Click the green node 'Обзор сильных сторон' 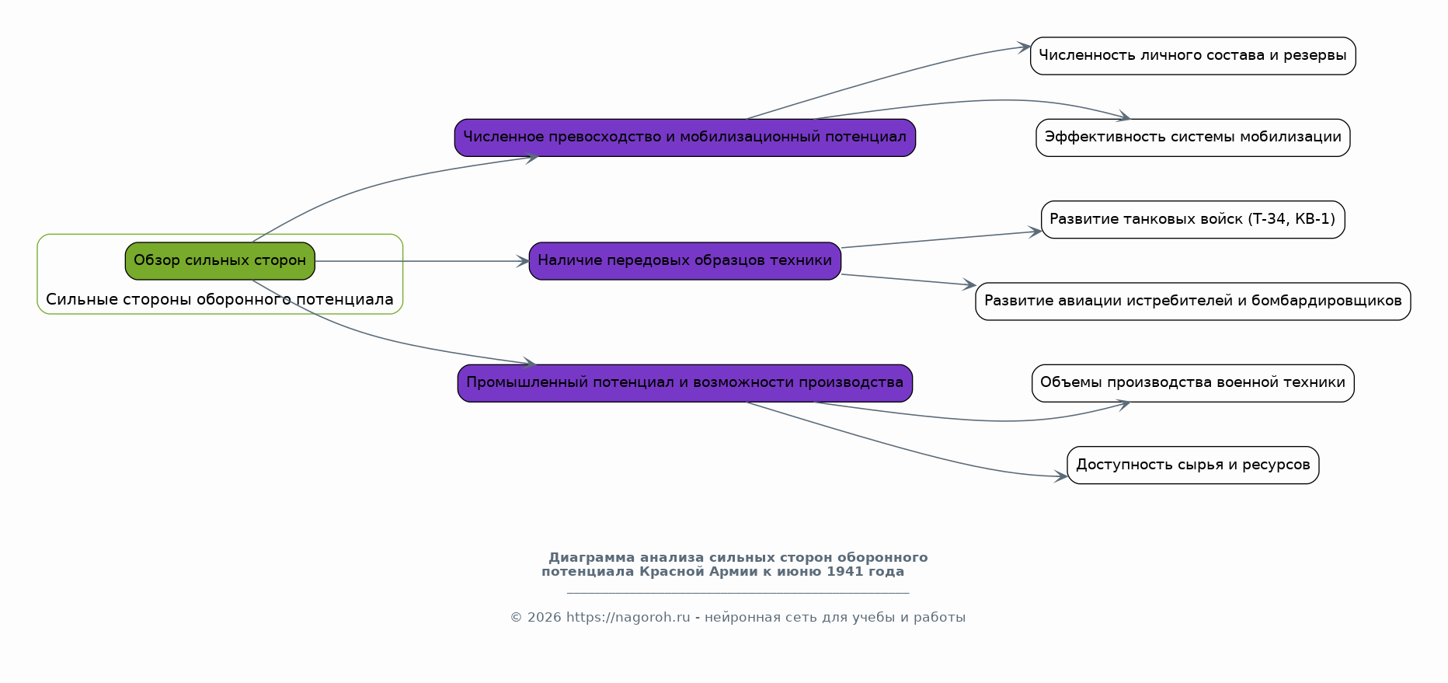click(x=220, y=261)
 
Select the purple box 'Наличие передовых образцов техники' click(x=684, y=261)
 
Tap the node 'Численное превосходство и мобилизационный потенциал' click(x=684, y=138)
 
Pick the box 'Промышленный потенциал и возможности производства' click(x=684, y=383)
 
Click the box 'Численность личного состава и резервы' click(x=1192, y=56)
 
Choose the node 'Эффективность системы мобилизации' click(x=1192, y=138)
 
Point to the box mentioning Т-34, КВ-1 click(x=1192, y=220)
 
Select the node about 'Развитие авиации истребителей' click(x=1192, y=301)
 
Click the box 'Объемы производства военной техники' click(x=1192, y=383)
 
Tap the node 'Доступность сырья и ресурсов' click(x=1192, y=465)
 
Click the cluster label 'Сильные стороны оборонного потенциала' click(x=220, y=300)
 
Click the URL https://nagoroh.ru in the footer click(x=628, y=618)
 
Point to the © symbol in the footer click(x=516, y=618)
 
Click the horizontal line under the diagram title click(x=738, y=594)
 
